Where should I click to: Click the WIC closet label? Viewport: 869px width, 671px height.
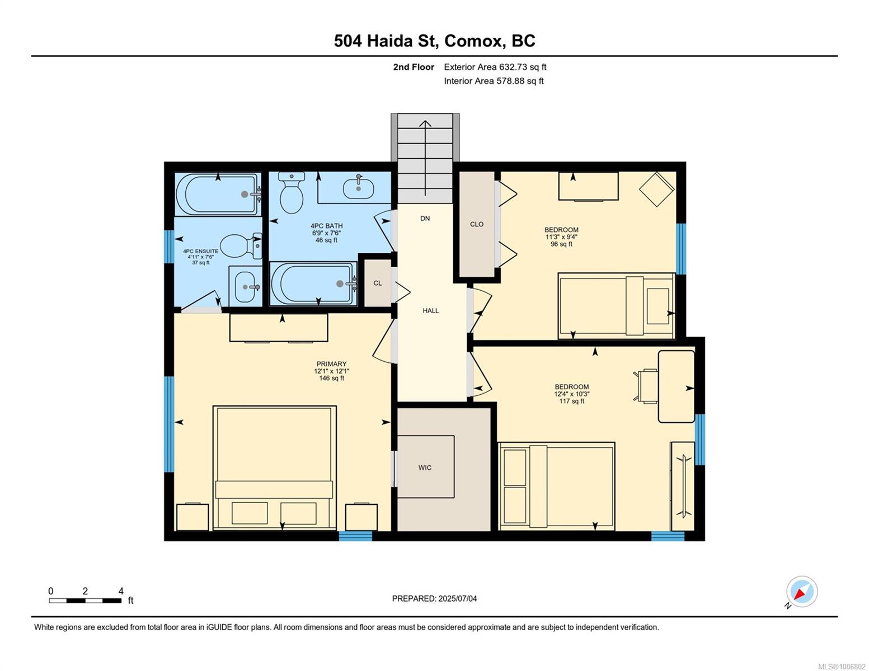tap(424, 467)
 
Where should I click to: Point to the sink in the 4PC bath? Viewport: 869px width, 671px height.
tap(358, 188)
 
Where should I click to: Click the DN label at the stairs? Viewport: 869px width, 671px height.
tap(425, 218)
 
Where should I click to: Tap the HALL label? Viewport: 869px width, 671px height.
tap(430, 310)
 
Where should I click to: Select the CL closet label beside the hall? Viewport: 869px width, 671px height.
tap(378, 283)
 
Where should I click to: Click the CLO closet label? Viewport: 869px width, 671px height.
tap(476, 224)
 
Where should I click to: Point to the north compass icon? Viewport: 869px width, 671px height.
tap(801, 592)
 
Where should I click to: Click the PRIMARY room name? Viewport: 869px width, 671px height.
tap(331, 363)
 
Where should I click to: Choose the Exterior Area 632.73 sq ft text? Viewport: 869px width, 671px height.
tap(495, 67)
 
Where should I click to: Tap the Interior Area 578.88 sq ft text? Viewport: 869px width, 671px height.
tap(494, 81)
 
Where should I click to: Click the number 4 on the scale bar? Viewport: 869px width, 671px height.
tap(121, 590)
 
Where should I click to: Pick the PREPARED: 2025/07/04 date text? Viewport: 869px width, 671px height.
tap(434, 598)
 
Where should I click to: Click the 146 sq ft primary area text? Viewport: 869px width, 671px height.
tap(331, 378)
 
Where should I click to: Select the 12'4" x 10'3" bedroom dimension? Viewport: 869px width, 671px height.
tap(571, 394)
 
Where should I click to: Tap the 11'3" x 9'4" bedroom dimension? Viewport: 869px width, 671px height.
tap(561, 237)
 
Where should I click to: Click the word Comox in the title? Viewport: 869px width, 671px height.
tap(473, 41)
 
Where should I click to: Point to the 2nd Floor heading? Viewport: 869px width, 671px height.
tap(414, 67)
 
